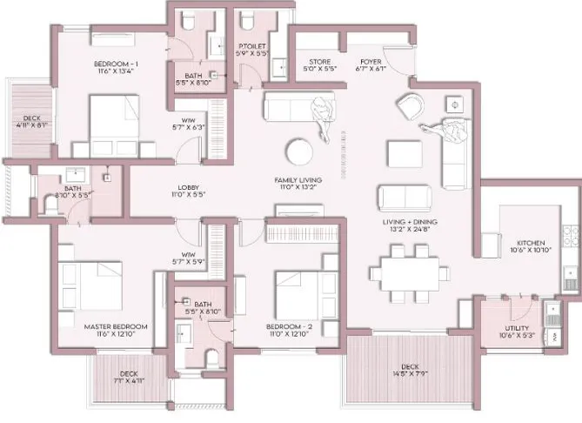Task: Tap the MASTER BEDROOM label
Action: point(116,326)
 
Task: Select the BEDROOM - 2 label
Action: point(293,326)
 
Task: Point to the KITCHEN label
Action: point(532,243)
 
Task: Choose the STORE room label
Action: point(318,62)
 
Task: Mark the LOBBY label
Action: point(189,186)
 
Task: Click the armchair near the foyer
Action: point(408,107)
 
